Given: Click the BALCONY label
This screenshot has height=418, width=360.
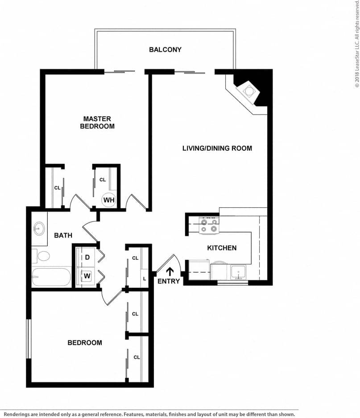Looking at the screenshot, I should (x=165, y=49).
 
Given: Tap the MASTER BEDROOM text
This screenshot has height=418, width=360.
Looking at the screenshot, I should (x=97, y=122).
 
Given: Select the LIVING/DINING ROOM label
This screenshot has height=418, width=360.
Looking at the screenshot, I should (x=217, y=148).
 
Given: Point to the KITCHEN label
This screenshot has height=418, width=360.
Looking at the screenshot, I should (x=221, y=248).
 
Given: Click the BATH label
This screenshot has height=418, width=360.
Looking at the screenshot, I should (x=63, y=235).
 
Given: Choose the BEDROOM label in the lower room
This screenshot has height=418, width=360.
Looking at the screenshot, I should (x=85, y=343).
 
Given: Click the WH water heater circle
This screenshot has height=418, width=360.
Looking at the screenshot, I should (x=109, y=200).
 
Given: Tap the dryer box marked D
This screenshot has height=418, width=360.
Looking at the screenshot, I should (x=87, y=258).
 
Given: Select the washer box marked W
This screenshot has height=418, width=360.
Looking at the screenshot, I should (x=87, y=276).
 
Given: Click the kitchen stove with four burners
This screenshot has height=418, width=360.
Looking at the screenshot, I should (x=209, y=225).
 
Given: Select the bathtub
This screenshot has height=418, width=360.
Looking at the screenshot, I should (x=51, y=277).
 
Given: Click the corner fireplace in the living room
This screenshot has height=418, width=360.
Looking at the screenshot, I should (x=249, y=91).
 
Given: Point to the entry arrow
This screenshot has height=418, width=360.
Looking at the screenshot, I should (x=170, y=271).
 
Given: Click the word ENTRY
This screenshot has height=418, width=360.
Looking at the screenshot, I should (x=169, y=281).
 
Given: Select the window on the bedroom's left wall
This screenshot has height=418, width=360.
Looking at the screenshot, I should (x=29, y=339).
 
